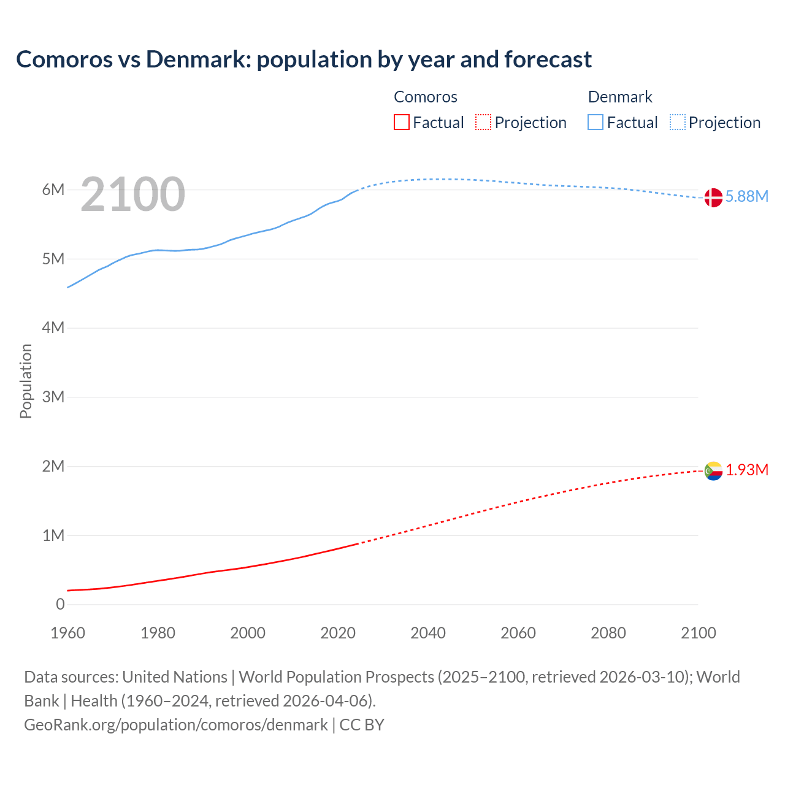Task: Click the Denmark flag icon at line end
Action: click(713, 197)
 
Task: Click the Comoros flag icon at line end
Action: click(713, 471)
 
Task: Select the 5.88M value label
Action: click(746, 196)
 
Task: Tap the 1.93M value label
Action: click(747, 470)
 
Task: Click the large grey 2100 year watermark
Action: click(132, 194)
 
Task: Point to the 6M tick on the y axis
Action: click(53, 190)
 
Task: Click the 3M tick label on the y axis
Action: click(53, 397)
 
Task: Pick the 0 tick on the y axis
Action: click(60, 604)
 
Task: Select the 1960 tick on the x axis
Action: click(67, 633)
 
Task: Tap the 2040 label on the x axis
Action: click(428, 633)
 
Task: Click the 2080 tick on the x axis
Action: click(608, 633)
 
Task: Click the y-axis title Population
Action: click(26, 381)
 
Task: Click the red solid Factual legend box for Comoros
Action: click(402, 122)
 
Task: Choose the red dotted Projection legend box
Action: click(483, 122)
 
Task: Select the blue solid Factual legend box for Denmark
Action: click(595, 122)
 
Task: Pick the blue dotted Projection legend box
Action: click(678, 122)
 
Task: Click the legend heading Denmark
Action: click(620, 97)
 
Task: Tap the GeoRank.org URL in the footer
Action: click(176, 724)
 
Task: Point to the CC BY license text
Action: click(362, 724)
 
